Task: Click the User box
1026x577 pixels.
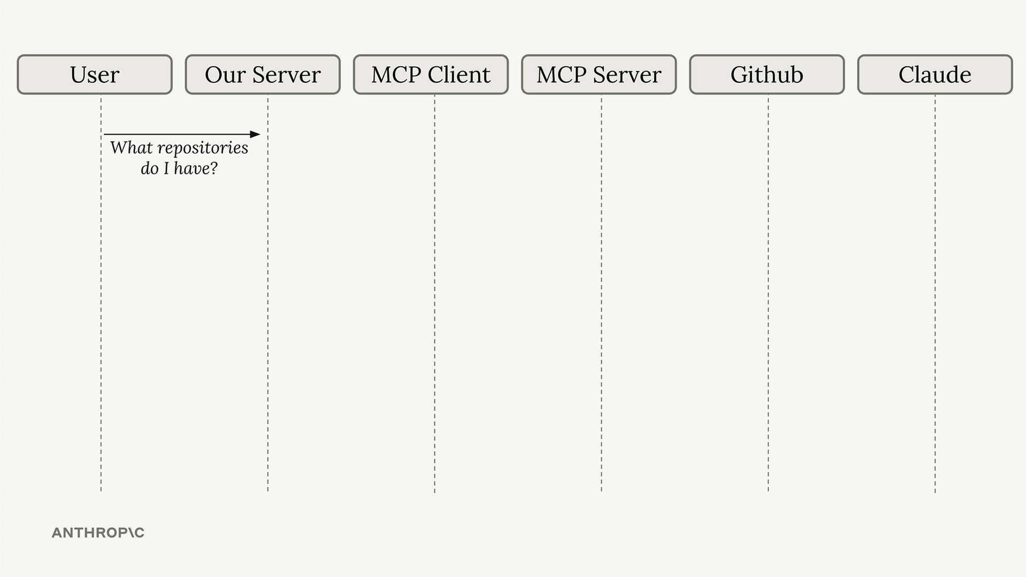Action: tap(95, 74)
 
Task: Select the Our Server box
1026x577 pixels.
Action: tap(263, 74)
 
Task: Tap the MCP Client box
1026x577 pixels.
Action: tap(431, 74)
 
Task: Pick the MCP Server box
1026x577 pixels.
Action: tap(599, 74)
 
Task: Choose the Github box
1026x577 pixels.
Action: tap(767, 74)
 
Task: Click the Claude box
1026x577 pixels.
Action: tap(935, 74)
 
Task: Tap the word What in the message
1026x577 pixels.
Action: tap(131, 147)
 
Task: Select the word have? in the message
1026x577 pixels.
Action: tap(196, 168)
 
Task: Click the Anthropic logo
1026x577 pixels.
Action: tap(98, 533)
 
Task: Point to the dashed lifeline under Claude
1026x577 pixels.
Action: tap(935, 293)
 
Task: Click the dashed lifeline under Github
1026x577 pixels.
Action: tap(768, 293)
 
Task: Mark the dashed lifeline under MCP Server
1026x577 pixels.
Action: tap(601, 293)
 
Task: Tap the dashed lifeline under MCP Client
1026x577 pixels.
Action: tap(434, 293)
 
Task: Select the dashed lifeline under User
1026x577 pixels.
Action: tap(101, 293)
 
